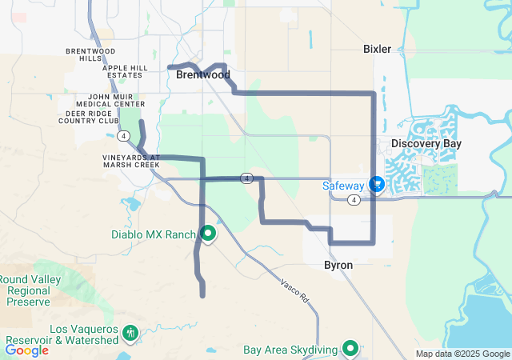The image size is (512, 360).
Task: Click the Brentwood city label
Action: pos(203,75)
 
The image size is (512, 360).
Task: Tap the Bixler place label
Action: pos(377,49)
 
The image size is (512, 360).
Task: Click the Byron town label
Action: pos(338,265)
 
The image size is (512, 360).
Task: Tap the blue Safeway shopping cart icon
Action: pos(377,185)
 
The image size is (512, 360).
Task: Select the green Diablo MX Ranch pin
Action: pos(208,234)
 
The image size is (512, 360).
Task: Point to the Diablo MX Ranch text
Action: pos(153,234)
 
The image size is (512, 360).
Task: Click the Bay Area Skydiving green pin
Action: pos(350,348)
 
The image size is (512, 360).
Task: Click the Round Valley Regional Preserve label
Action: pos(28,290)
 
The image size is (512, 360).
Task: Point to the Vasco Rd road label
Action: pos(294,292)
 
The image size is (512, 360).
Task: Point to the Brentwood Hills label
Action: pos(85,54)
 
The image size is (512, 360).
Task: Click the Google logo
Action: pos(26,350)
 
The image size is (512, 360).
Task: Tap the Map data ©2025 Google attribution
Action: pos(462,354)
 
